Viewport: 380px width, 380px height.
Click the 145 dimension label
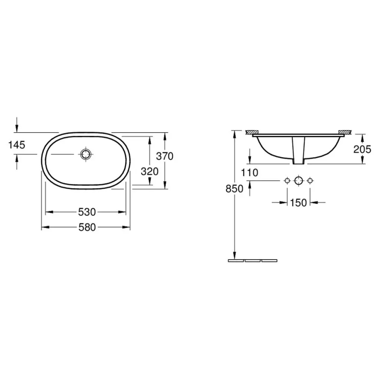[x=17, y=144]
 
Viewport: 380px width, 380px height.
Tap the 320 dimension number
[x=149, y=172]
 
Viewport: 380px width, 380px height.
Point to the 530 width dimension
[x=87, y=212]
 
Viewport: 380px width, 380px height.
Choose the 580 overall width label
[x=87, y=227]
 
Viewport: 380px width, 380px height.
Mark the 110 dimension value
[x=250, y=172]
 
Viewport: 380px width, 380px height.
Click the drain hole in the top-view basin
[x=86, y=154]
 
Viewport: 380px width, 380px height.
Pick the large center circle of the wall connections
[x=299, y=180]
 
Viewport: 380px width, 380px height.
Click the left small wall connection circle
[x=288, y=180]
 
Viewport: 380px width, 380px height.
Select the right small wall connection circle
[x=310, y=180]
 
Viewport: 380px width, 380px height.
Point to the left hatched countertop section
[x=252, y=131]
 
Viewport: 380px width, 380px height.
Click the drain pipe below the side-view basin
[x=299, y=151]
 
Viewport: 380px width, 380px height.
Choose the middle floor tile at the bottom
[x=253, y=260]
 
